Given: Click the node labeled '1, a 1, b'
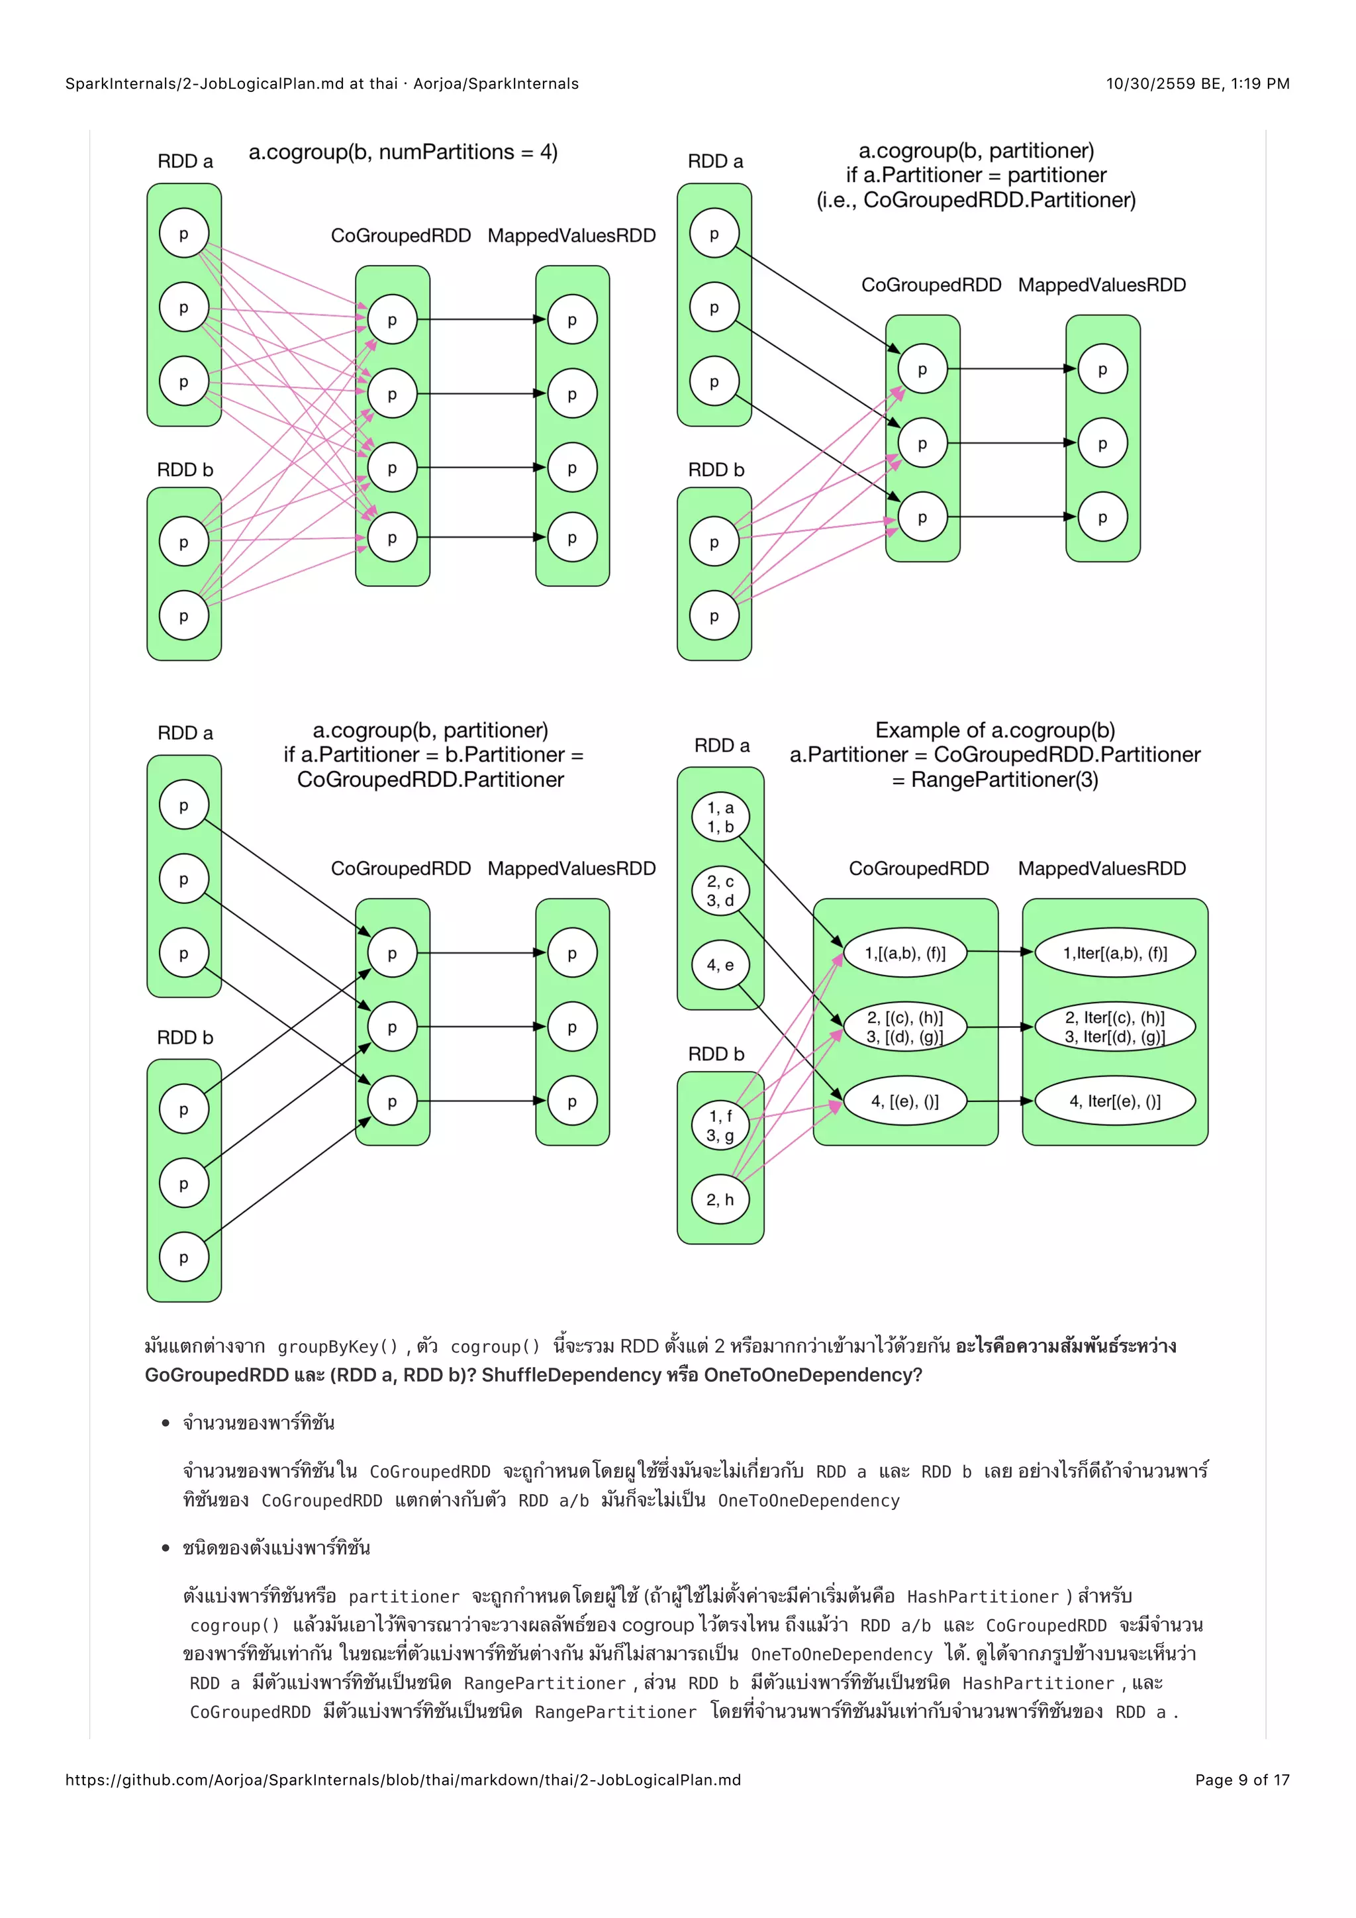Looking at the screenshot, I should tap(720, 817).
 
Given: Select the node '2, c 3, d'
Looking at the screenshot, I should tap(720, 891).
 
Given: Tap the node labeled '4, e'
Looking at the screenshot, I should tap(720, 965).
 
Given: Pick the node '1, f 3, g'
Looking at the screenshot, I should tap(720, 1125).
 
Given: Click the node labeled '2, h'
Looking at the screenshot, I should tap(720, 1199).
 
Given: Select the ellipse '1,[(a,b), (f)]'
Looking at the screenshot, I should tap(905, 953).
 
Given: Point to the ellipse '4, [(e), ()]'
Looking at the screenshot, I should tap(905, 1101).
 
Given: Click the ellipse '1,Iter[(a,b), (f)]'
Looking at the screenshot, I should tap(1115, 953).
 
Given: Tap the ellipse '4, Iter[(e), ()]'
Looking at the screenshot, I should tap(1115, 1101).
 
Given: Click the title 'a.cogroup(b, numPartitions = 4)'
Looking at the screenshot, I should tap(403, 152).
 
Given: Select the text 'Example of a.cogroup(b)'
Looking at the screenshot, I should tap(994, 730).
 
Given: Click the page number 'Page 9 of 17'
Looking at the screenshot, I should tap(1241, 1780).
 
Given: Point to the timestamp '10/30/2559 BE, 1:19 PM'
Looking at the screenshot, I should tap(1197, 83).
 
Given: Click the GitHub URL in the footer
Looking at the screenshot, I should tap(403, 1780).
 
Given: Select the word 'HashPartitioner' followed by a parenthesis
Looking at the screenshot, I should tap(982, 1596).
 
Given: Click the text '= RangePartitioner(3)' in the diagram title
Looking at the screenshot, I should tap(994, 780).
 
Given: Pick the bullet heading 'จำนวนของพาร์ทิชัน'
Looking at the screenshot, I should tap(259, 1423).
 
